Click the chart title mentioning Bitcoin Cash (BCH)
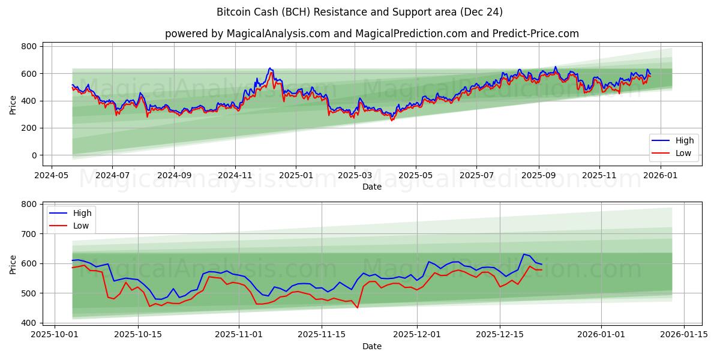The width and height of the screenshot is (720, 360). pyautogui.click(x=360, y=12)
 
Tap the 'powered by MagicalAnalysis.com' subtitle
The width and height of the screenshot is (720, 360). pyautogui.click(x=372, y=34)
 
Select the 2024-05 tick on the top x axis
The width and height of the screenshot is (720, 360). pyautogui.click(x=51, y=175)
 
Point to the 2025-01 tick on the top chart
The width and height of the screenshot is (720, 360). pyautogui.click(x=296, y=175)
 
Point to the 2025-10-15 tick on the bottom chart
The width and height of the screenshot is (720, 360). pyautogui.click(x=138, y=334)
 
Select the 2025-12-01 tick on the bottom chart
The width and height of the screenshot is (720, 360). pyautogui.click(x=417, y=334)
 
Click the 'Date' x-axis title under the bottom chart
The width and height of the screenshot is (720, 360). pyautogui.click(x=372, y=346)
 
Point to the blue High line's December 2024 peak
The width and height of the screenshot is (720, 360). pyautogui.click(x=270, y=68)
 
